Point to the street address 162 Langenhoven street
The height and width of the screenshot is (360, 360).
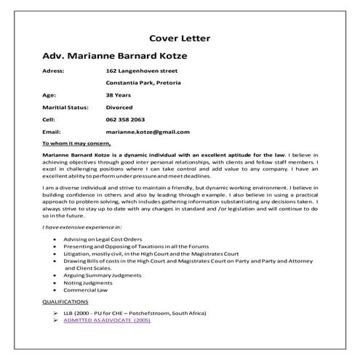[142, 71]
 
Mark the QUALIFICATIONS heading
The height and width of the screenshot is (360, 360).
[65, 301]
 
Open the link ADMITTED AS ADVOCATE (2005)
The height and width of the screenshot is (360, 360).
[106, 319]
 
